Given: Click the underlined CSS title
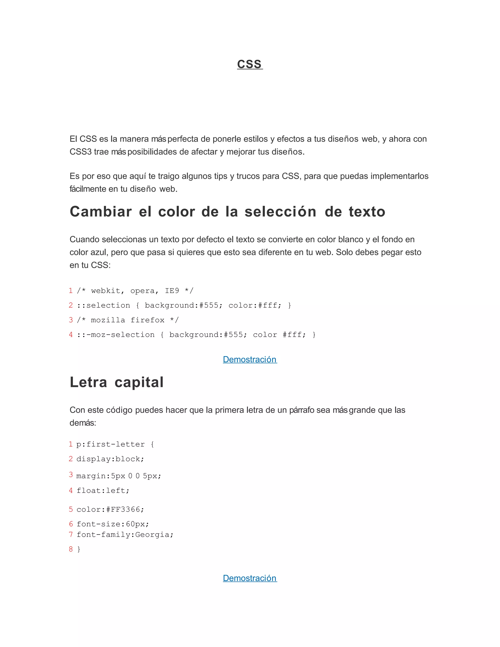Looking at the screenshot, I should click(x=250, y=64).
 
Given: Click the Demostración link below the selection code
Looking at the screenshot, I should click(x=250, y=359).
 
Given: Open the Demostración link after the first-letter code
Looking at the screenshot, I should click(x=250, y=578).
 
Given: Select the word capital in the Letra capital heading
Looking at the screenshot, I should click(x=139, y=382).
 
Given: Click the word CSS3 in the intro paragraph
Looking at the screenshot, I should click(x=81, y=152).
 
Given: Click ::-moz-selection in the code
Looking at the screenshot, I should click(x=116, y=335).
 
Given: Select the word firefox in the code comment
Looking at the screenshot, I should click(x=147, y=320).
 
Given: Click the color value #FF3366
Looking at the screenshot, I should click(x=123, y=509).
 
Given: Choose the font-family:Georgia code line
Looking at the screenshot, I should click(x=125, y=534).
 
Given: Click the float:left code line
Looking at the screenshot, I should click(x=103, y=490).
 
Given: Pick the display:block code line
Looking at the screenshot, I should click(x=110, y=459).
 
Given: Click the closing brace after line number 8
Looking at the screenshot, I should click(x=79, y=549).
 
